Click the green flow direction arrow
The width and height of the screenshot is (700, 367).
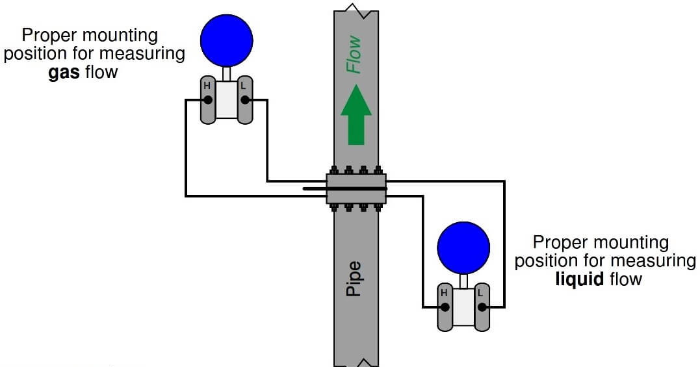pos(356,117)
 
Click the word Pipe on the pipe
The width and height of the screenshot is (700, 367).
pos(354,279)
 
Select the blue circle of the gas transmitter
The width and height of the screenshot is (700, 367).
pos(226,38)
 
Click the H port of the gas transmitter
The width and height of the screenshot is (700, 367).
pos(207,100)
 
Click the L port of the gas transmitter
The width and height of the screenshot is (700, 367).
pos(245,100)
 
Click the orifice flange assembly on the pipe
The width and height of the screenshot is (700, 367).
pos(356,189)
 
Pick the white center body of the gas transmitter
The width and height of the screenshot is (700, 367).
pos(226,100)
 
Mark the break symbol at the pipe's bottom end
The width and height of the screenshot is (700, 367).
pos(356,361)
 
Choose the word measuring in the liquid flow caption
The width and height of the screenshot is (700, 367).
pos(653,261)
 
